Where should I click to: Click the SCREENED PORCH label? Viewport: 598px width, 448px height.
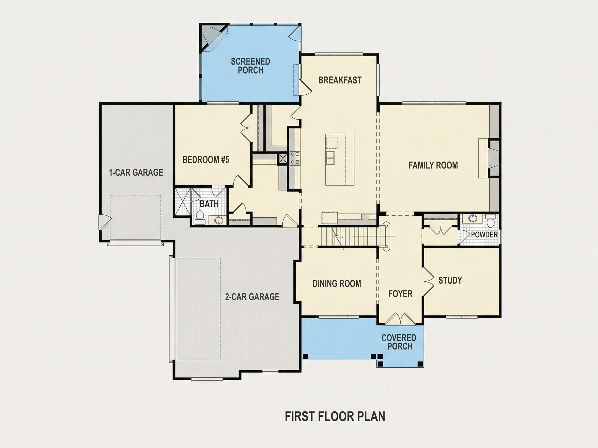(250, 66)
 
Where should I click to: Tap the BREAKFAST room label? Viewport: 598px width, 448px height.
(340, 80)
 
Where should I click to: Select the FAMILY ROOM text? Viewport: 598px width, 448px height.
(433, 165)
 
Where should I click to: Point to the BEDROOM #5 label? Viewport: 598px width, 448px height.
(206, 160)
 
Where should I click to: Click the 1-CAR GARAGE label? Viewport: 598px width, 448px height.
(136, 172)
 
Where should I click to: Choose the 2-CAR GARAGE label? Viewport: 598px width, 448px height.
(252, 297)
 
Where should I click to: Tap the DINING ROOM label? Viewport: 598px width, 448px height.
(337, 284)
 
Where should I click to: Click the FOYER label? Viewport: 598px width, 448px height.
(400, 294)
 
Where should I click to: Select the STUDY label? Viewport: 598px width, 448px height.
(450, 280)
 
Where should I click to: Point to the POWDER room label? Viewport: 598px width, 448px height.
(484, 235)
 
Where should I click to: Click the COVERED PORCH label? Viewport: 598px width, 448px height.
(399, 342)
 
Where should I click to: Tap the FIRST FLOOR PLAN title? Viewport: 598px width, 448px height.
(335, 416)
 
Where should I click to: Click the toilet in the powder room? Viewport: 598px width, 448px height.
(490, 221)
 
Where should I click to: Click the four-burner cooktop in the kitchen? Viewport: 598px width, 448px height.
(295, 158)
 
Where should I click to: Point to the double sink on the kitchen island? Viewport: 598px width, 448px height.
(330, 158)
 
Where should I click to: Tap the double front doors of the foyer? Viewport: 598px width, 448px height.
(400, 319)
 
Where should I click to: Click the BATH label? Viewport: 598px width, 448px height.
(209, 204)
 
